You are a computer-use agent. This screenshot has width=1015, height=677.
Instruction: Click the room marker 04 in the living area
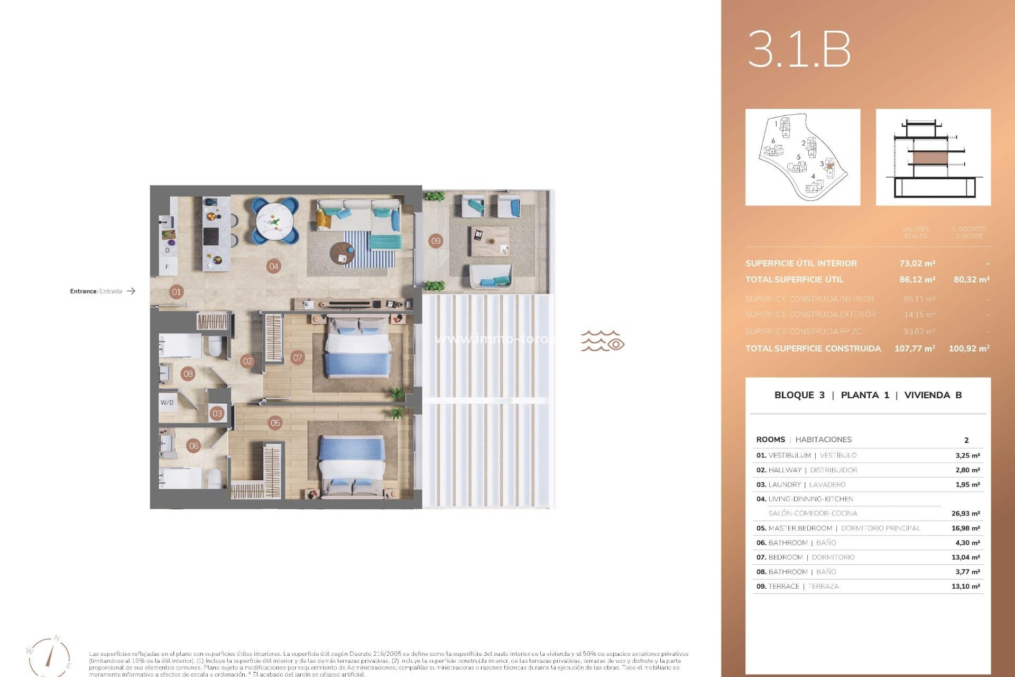pyautogui.click(x=273, y=267)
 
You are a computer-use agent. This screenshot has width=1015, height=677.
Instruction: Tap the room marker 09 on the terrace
pyautogui.click(x=436, y=241)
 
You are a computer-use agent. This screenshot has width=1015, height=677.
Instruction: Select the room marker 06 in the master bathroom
pyautogui.click(x=194, y=446)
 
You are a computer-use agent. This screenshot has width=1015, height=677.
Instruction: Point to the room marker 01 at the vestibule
pyautogui.click(x=177, y=292)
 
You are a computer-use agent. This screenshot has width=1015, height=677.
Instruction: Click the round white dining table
pyautogui.click(x=275, y=221)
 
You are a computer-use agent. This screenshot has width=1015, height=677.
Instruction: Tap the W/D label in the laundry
pyautogui.click(x=167, y=402)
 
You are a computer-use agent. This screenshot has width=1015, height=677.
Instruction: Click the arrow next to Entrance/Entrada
pyautogui.click(x=131, y=291)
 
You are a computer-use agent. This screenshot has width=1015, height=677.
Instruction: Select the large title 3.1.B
pyautogui.click(x=799, y=49)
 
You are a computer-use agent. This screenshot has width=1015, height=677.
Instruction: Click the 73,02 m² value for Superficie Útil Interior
pyautogui.click(x=917, y=263)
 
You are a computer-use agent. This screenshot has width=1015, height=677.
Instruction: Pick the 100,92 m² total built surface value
pyautogui.click(x=969, y=349)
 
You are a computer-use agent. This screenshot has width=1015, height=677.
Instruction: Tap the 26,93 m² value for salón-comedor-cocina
pyautogui.click(x=965, y=514)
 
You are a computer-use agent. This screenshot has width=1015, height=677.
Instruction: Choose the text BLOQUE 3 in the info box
pyautogui.click(x=799, y=395)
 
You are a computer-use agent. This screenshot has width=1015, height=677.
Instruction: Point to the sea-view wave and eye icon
pyautogui.click(x=603, y=342)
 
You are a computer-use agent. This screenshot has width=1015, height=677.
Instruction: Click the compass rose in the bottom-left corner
pyautogui.click(x=49, y=656)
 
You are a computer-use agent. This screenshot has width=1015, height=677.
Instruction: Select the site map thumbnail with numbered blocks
pyautogui.click(x=802, y=158)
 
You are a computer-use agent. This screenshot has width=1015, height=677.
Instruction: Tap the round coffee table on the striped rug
pyautogui.click(x=343, y=254)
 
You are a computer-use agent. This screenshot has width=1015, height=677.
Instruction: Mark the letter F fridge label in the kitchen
pyautogui.click(x=167, y=267)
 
